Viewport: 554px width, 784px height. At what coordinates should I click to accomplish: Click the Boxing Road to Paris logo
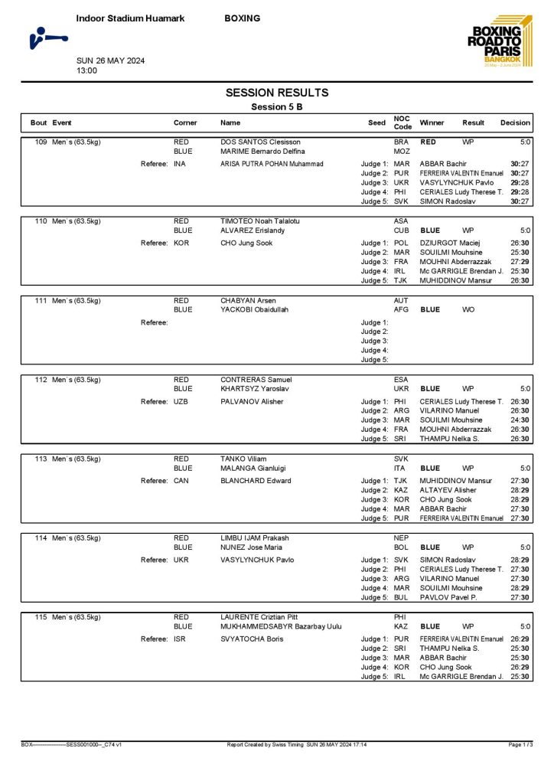click(497, 43)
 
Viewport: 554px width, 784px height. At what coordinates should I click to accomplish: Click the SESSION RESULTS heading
click(277, 93)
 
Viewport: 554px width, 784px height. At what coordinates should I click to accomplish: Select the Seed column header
click(376, 122)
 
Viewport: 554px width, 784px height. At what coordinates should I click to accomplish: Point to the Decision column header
click(515, 122)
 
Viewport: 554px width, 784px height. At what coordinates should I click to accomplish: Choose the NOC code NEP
click(401, 538)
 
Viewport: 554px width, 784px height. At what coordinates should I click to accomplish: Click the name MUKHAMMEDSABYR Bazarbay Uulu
click(281, 626)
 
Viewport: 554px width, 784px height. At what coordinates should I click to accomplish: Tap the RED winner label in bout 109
click(429, 142)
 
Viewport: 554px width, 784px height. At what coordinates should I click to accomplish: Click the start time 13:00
click(86, 70)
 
